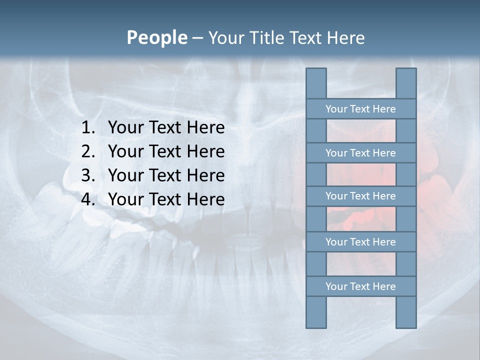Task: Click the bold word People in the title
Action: tap(156, 38)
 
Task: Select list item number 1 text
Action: tap(166, 128)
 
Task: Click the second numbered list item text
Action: tap(166, 151)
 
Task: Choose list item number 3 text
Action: tap(166, 175)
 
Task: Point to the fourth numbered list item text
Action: tap(166, 199)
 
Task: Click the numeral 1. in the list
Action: tap(88, 128)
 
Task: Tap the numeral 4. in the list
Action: tap(88, 199)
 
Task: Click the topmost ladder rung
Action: tap(360, 109)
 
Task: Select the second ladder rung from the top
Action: tap(360, 153)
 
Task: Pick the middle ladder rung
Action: tap(360, 196)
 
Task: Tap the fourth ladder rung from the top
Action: tap(360, 242)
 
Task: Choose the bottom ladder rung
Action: tap(360, 286)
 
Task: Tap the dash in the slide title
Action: tap(197, 38)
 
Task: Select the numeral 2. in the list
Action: tap(88, 151)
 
